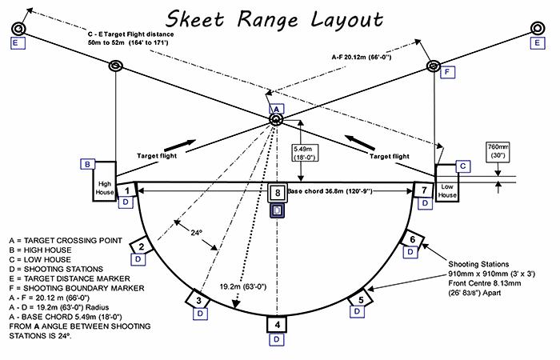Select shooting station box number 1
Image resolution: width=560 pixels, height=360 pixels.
click(x=127, y=190)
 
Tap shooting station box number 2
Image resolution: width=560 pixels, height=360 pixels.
click(x=140, y=247)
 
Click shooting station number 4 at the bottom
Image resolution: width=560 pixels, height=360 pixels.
click(x=276, y=324)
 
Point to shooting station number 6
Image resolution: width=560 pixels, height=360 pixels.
click(x=412, y=239)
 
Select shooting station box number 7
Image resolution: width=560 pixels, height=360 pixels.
click(x=423, y=190)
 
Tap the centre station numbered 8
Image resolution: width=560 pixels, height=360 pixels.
click(x=276, y=192)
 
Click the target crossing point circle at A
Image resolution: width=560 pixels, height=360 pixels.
click(x=276, y=120)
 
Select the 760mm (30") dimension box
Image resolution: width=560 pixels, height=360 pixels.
click(x=498, y=152)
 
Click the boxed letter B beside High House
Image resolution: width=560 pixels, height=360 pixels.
click(x=87, y=164)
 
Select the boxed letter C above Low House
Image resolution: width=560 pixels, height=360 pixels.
click(x=462, y=165)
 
